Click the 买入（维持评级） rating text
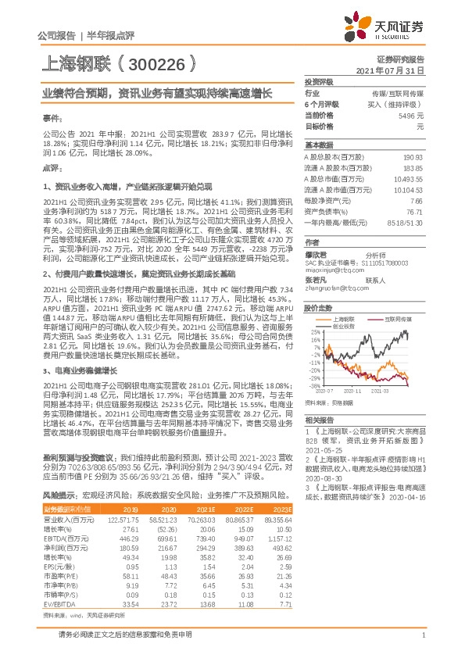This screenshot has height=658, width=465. [398, 104]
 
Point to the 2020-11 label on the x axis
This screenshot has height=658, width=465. [352, 389]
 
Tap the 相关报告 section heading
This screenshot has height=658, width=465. [318, 420]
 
